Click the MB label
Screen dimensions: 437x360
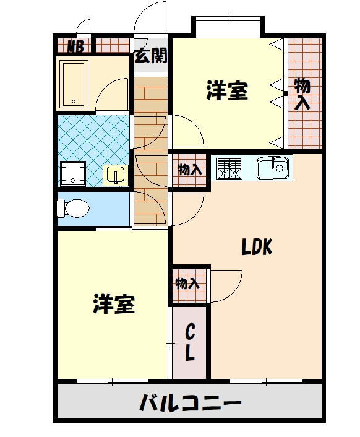click(x=75, y=45)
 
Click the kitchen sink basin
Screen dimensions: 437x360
click(x=272, y=167)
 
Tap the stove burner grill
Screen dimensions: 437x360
click(x=230, y=167)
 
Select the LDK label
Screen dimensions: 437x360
click(x=257, y=247)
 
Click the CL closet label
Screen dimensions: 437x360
click(x=191, y=344)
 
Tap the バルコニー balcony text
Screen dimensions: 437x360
click(x=190, y=405)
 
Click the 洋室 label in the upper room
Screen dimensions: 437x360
click(x=227, y=91)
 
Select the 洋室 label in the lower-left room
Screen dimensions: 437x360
click(x=114, y=304)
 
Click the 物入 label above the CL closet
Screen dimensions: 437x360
click(x=187, y=284)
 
